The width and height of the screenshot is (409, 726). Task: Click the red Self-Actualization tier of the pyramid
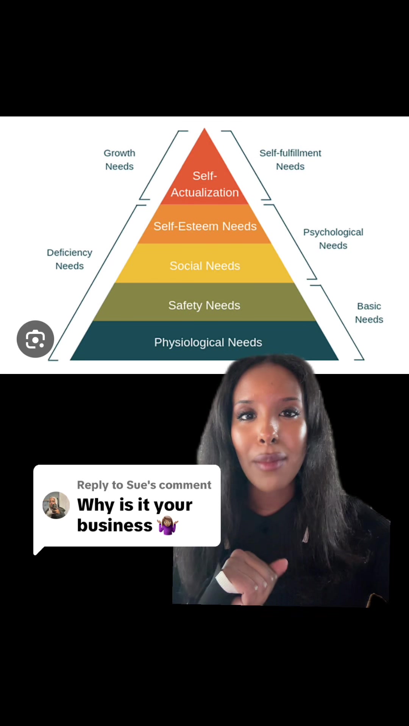pyautogui.click(x=204, y=178)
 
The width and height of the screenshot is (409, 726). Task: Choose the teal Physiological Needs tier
pyautogui.click(x=204, y=341)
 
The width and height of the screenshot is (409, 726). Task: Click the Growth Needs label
pyautogui.click(x=119, y=160)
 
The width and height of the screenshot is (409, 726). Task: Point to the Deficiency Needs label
pyautogui.click(x=70, y=259)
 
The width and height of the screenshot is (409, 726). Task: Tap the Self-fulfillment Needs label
pyautogui.click(x=290, y=160)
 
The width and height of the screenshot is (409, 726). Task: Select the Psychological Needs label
pyautogui.click(x=333, y=239)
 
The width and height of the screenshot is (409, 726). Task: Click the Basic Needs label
pyautogui.click(x=369, y=313)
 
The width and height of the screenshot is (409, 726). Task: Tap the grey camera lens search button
pyautogui.click(x=35, y=339)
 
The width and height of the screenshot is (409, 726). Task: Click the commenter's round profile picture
pyautogui.click(x=56, y=505)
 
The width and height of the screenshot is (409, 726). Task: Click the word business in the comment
pyautogui.click(x=115, y=525)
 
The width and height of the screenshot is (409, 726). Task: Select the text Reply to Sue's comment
pyautogui.click(x=144, y=485)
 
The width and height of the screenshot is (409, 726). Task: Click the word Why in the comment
pyautogui.click(x=96, y=505)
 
